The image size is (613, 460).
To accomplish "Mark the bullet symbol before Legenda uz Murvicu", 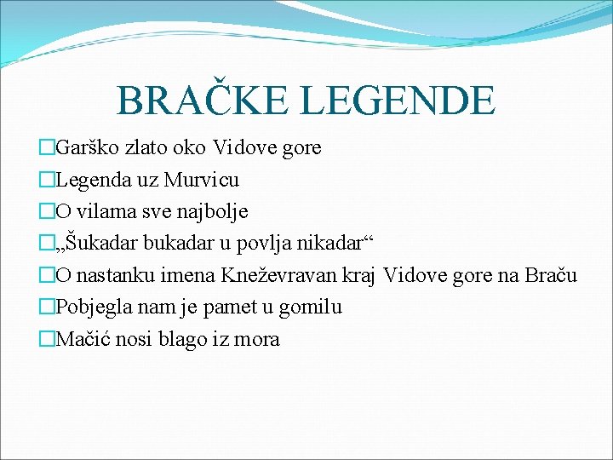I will pyautogui.click(x=46, y=180).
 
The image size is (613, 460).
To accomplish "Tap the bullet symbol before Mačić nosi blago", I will pyautogui.click(x=46, y=339).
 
